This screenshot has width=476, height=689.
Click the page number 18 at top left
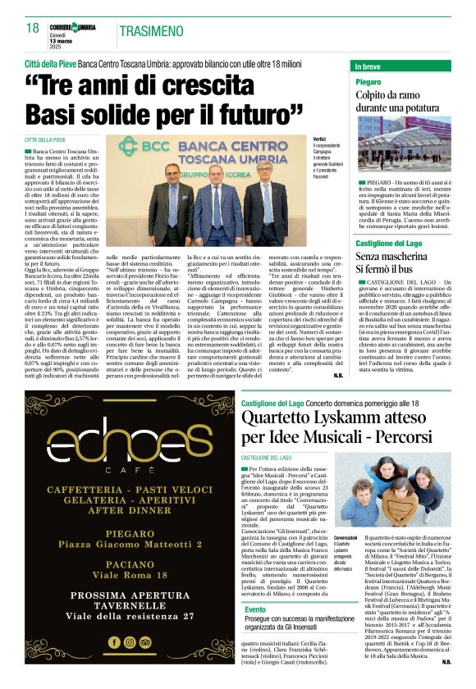click(x=32, y=28)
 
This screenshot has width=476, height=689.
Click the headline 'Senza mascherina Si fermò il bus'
click(x=396, y=262)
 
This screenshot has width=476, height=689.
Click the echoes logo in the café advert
click(x=118, y=443)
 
